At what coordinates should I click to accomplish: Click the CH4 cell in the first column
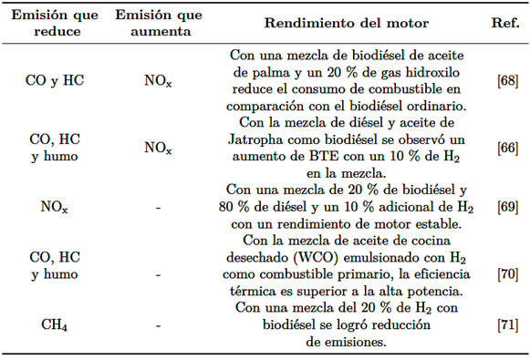coord(54,325)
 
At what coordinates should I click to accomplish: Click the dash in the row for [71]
coord(158,325)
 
